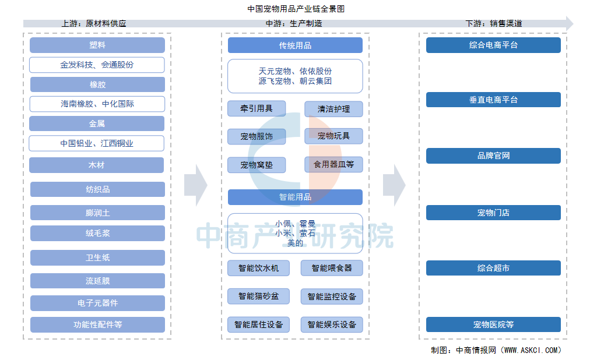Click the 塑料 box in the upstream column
[x=97, y=45]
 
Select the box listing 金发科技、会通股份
[x=97, y=65]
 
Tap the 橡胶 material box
[x=97, y=84]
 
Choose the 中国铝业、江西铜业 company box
[x=96, y=143]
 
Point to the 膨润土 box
[x=97, y=213]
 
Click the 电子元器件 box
[x=97, y=303]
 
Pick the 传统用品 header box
[x=295, y=45]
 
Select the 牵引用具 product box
[x=257, y=108]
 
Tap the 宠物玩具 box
[x=333, y=136]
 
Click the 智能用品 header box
[x=295, y=197]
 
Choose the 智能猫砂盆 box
[x=258, y=296]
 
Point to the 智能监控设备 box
[x=332, y=297]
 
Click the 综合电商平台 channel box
[x=493, y=45]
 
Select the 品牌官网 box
[x=493, y=156]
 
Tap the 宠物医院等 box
[x=493, y=324]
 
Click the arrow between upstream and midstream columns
[x=196, y=185]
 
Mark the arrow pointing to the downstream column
[x=394, y=185]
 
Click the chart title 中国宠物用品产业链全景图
[x=296, y=9]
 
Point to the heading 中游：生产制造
[x=294, y=23]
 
